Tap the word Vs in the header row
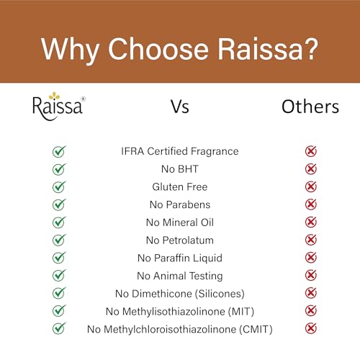point(179,107)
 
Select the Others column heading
point(310,107)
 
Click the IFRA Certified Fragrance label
point(179,151)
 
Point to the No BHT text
point(179,169)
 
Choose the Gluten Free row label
point(179,186)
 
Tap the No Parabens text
point(179,204)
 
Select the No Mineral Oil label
point(179,222)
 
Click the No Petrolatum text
point(179,240)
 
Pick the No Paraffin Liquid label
point(179,258)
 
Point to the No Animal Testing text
point(179,276)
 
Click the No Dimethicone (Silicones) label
point(179,293)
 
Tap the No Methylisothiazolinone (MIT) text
point(179,311)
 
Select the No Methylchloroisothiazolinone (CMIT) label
point(179,329)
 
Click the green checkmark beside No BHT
point(59,169)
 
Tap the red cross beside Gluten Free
point(311,186)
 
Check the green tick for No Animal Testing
point(59,275)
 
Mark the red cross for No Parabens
point(311,204)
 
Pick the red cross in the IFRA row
point(311,151)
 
